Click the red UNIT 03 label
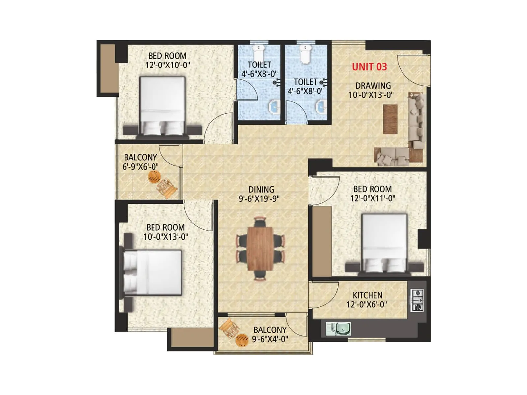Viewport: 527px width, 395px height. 369,67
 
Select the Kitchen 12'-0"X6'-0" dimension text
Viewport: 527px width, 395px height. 367,304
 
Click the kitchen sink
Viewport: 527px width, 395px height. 339,329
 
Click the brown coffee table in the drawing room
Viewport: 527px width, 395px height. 390,119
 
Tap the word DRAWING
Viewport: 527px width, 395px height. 373,86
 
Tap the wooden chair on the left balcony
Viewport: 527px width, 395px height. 167,188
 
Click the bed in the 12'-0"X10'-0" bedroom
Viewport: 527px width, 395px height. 162,105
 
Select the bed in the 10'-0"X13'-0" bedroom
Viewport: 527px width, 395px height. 153,273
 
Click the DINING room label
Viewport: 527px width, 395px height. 261,190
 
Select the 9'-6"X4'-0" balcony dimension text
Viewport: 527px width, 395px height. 270,339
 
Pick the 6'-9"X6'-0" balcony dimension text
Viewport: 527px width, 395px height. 141,167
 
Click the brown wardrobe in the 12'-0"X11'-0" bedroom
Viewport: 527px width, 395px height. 321,241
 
